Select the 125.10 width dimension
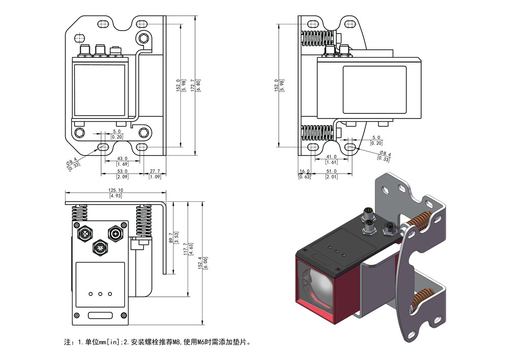[x=115, y=190]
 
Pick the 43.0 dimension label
[x=122, y=158]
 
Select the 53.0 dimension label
[x=122, y=171]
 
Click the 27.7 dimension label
[x=155, y=171]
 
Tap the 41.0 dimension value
[x=332, y=157]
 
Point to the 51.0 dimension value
[x=332, y=171]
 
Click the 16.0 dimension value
[x=305, y=171]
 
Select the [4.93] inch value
[x=115, y=196]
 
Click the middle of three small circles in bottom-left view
[x=100, y=294]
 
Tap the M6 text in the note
[x=204, y=342]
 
